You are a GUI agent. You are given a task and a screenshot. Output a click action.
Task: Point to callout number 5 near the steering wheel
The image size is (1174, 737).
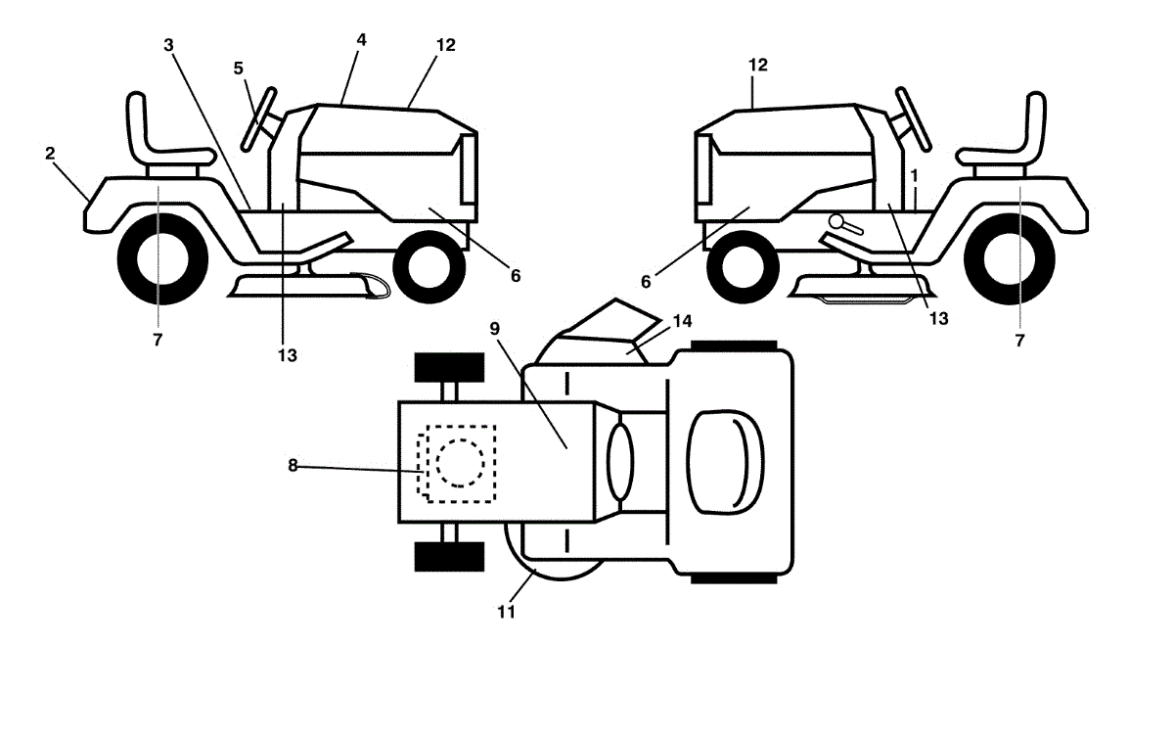[x=238, y=68]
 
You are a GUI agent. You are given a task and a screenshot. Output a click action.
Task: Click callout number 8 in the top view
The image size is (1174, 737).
[x=292, y=465]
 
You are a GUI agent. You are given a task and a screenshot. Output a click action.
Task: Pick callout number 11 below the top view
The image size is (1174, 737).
[x=506, y=612]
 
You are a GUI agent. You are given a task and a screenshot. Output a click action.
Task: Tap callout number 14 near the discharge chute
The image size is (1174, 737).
[x=681, y=319]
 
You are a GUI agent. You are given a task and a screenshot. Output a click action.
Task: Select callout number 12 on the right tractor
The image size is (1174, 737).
[x=758, y=65]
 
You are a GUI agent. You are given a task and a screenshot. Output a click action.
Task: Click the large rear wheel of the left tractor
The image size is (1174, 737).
[x=162, y=258]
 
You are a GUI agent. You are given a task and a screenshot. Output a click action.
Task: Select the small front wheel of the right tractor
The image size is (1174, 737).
[x=741, y=265]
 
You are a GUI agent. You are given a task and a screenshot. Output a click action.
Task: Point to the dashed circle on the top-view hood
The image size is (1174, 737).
[x=459, y=461]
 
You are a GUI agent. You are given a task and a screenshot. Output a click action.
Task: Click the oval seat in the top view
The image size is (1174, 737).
[x=726, y=460]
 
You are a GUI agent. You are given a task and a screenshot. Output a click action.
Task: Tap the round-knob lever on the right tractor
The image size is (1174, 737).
[x=844, y=225]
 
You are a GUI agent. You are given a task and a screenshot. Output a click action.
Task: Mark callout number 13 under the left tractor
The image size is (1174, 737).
[x=286, y=354]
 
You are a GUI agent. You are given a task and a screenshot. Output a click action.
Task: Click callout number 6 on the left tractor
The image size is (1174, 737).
[x=515, y=276]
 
